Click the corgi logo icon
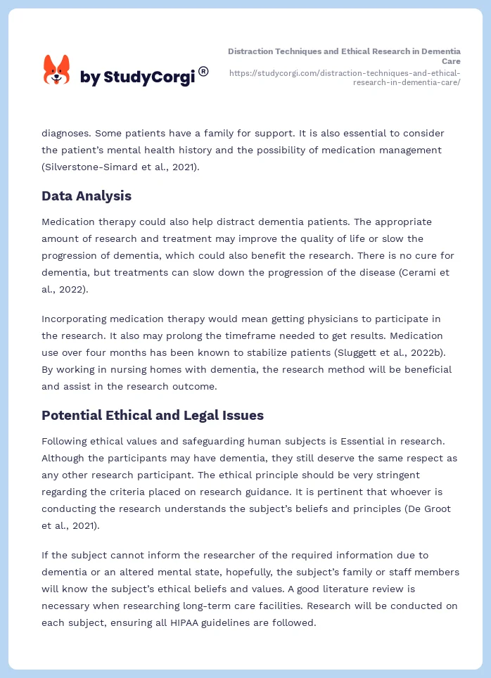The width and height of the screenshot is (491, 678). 56,70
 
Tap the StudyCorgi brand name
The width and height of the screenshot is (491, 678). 137,77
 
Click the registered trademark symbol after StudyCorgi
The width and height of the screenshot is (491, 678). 203,71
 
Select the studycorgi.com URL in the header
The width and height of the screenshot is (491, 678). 345,77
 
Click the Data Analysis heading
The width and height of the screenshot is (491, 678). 87,196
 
